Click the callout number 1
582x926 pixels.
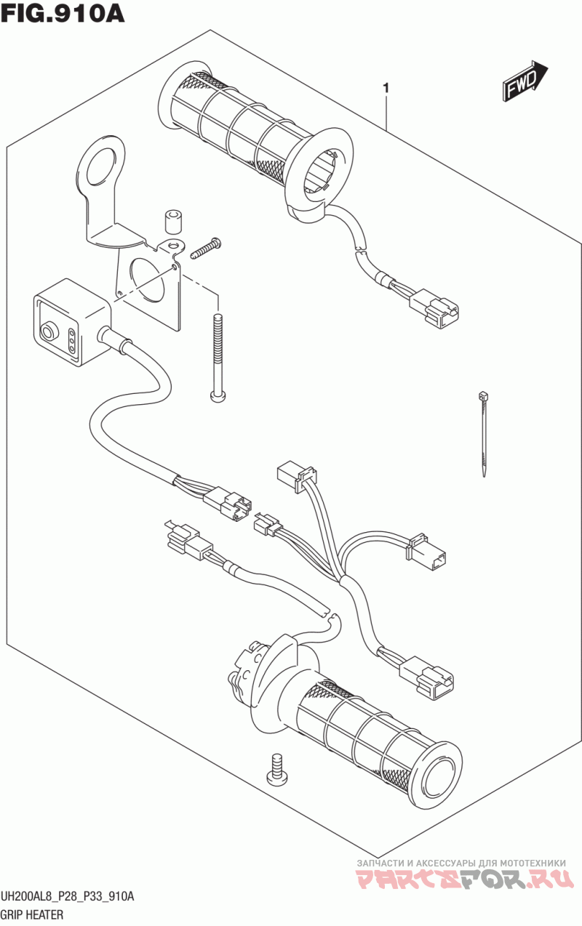386,88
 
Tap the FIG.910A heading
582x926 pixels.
63,14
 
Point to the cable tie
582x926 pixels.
482,433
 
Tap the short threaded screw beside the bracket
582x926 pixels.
206,249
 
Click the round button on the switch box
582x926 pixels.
48,331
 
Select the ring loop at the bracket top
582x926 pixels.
100,158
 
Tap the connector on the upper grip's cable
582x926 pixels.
434,308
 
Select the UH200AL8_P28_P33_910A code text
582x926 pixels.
68,895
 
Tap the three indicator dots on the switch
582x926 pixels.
71,341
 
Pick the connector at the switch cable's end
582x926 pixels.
227,504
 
